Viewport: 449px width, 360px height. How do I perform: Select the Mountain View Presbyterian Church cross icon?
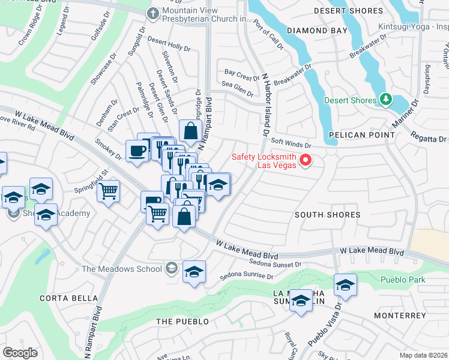pyautogui.click(x=154, y=13)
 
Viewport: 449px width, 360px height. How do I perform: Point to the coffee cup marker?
pyautogui.click(x=137, y=151)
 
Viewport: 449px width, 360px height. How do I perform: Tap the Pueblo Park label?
pyautogui.click(x=403, y=280)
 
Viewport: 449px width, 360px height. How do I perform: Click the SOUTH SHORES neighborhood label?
pyautogui.click(x=327, y=214)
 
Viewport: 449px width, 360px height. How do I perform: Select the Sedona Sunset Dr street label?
pyautogui.click(x=276, y=264)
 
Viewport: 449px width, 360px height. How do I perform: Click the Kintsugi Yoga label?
pyautogui.click(x=414, y=27)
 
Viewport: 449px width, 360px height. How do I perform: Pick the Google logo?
pyautogui.click(x=20, y=353)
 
